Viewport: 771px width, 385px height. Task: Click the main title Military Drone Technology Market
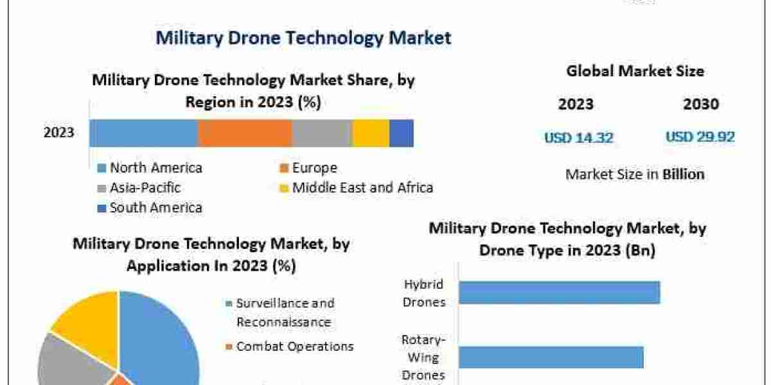coord(303,38)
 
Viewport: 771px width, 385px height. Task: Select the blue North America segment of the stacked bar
coord(143,133)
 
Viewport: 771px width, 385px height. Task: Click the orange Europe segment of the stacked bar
coord(244,133)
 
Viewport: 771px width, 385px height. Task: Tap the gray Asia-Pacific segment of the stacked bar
coord(322,133)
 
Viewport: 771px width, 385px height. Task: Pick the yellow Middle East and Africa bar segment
coord(371,133)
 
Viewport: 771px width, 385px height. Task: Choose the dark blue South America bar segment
coord(401,133)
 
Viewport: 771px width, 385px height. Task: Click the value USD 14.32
coord(578,137)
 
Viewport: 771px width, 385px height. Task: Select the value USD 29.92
coord(700,137)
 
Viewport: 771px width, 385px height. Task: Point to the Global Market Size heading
coord(635,71)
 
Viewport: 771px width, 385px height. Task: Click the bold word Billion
coord(683,174)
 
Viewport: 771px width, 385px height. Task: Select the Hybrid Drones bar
coord(559,292)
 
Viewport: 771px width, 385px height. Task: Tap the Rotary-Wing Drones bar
coord(551,357)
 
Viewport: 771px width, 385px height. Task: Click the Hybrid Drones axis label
coord(423,293)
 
